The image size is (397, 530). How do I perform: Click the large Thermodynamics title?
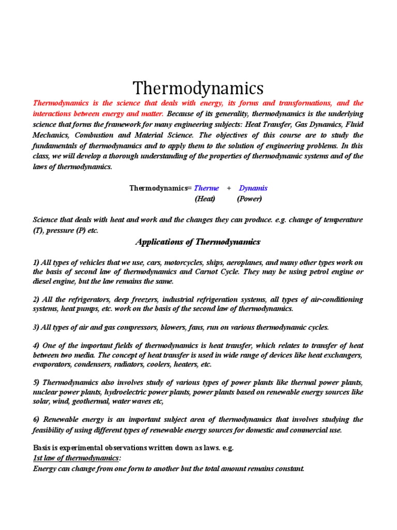pyautogui.click(x=198, y=88)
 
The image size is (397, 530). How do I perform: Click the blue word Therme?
pyautogui.click(x=206, y=188)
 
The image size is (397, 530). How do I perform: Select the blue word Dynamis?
pyautogui.click(x=253, y=188)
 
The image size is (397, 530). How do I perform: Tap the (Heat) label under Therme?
pyautogui.click(x=205, y=199)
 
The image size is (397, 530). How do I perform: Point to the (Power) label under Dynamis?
pyautogui.click(x=250, y=199)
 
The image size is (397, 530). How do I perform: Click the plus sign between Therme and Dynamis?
pyautogui.click(x=229, y=188)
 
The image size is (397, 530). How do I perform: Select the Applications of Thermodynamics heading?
pyautogui.click(x=198, y=242)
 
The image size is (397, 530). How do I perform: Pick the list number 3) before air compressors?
pyautogui.click(x=36, y=327)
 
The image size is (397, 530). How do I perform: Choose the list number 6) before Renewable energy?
pyautogui.click(x=36, y=419)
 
